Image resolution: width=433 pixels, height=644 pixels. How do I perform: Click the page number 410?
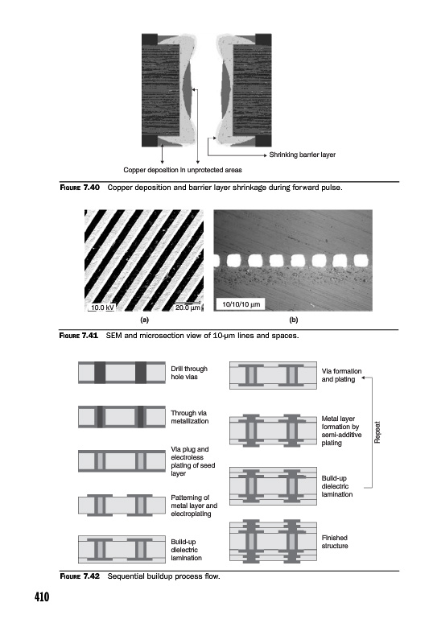point(42,597)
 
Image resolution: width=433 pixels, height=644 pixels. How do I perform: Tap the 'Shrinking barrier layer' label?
point(303,155)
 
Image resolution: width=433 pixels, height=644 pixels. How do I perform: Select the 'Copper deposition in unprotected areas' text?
point(183,170)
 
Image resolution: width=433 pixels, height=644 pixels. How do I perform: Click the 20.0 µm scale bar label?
point(188,308)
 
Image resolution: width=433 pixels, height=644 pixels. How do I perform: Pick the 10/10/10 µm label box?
point(241,304)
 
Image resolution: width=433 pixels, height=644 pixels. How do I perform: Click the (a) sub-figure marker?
point(144,320)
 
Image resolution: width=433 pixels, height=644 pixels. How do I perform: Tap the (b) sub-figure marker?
point(293,320)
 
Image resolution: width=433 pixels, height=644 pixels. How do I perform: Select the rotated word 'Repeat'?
point(377,432)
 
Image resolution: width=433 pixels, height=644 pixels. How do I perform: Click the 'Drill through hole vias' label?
point(189,373)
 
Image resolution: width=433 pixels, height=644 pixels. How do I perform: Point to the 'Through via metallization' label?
point(189,417)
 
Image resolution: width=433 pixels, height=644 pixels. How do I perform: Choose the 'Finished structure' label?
point(335,542)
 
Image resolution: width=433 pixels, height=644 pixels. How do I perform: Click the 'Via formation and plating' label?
point(341,375)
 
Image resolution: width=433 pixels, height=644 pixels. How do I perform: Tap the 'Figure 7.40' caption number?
point(80,188)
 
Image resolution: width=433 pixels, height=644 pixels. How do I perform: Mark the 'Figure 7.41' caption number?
point(79,336)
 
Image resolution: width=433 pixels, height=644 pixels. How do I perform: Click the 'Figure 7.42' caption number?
point(80,576)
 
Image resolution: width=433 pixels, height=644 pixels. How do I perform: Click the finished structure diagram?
point(273,542)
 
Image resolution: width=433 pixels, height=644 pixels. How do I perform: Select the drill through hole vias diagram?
point(122,373)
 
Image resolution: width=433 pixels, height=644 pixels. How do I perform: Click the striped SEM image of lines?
point(144,260)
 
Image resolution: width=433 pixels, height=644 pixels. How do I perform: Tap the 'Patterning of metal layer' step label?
point(194,506)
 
